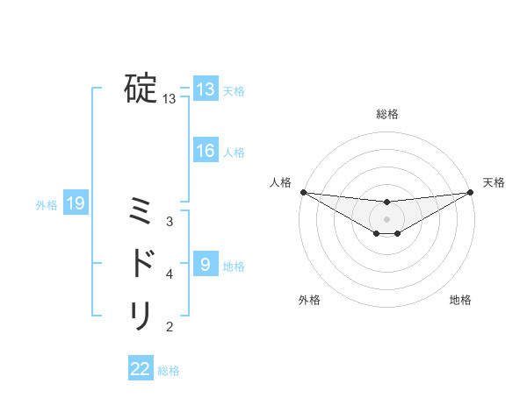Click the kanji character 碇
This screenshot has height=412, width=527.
(141, 88)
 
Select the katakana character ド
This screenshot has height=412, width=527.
(142, 263)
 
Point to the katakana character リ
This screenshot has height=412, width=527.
(141, 315)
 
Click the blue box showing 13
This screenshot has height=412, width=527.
(206, 89)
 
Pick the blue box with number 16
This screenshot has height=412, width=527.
(206, 151)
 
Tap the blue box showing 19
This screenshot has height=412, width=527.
(76, 204)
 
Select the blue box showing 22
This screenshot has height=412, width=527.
(141, 369)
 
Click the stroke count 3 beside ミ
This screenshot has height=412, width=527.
(170, 221)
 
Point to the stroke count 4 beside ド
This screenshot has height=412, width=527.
(170, 273)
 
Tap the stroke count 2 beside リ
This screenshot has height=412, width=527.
(170, 327)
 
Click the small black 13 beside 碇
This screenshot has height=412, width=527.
(170, 99)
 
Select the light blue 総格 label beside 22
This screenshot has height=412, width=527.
(170, 371)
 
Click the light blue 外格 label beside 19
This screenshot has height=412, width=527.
(47, 205)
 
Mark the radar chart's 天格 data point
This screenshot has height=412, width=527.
(470, 192)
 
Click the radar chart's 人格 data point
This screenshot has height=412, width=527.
(303, 192)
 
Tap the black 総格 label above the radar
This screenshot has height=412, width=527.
(386, 114)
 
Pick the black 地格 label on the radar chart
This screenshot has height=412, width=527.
(460, 300)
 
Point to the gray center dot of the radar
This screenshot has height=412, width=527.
(386, 218)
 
